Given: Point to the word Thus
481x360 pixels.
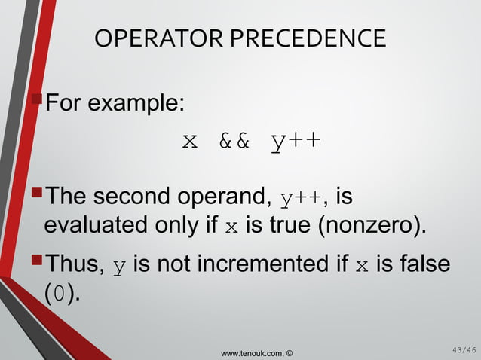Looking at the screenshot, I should (x=75, y=264).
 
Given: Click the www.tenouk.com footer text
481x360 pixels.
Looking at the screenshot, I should (x=253, y=352).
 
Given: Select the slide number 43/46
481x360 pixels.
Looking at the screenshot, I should (x=459, y=349).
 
